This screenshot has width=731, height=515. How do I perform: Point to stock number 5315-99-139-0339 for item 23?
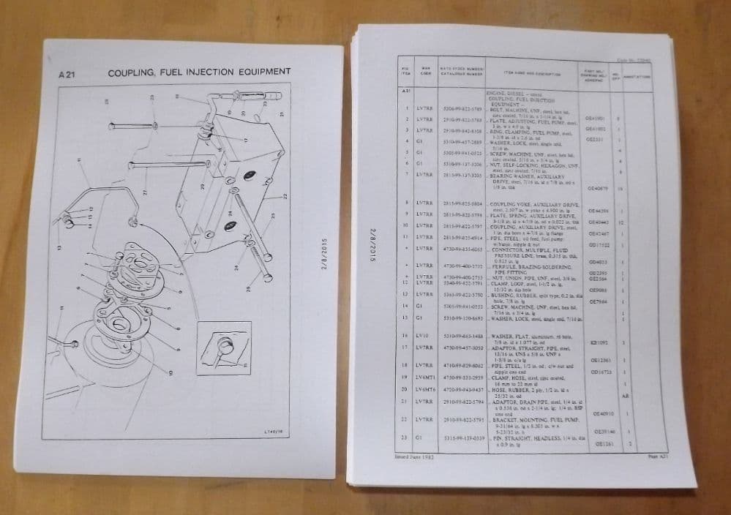click(x=460, y=437)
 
